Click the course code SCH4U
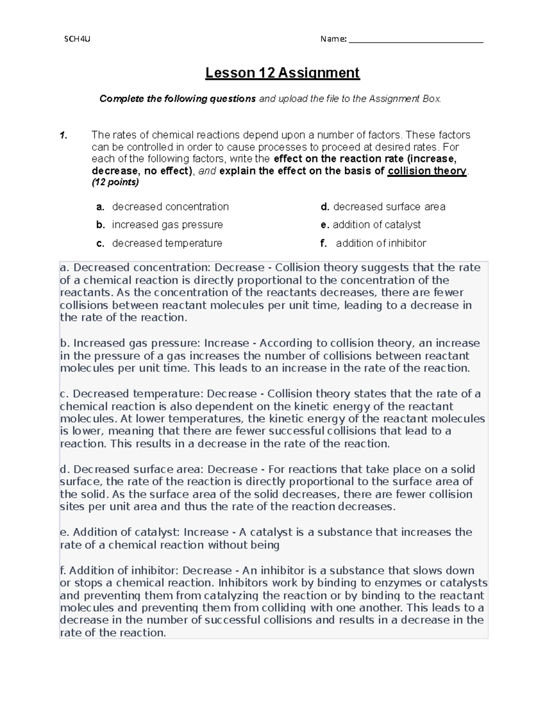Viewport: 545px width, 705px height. (77, 39)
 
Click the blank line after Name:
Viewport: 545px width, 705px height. (416, 40)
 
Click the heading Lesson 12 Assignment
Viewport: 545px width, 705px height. (282, 73)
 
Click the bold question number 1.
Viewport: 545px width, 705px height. (64, 135)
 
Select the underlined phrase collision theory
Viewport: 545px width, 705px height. (427, 171)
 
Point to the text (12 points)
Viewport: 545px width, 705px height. (115, 182)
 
